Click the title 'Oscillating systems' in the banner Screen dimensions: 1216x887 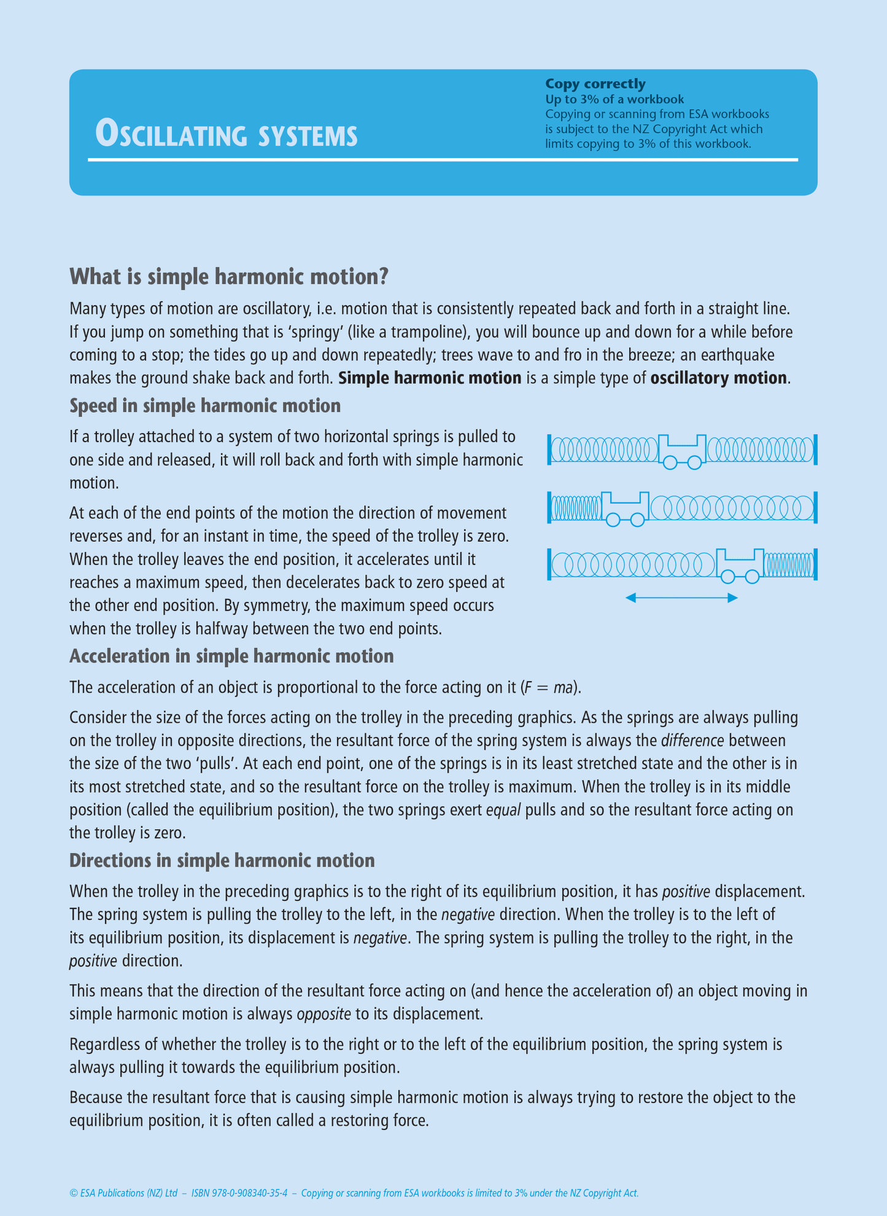(226, 134)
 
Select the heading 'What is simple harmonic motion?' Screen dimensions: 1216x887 (229, 276)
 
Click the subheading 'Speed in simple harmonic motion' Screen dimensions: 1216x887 (205, 406)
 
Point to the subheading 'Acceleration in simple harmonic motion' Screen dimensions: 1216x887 (231, 656)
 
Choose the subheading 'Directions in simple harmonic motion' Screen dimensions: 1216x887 (222, 860)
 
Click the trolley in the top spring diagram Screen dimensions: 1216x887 (682, 450)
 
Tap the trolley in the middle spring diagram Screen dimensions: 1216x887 (625, 507)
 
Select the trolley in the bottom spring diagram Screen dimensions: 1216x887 (740, 564)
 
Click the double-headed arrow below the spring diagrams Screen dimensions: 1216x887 (681, 598)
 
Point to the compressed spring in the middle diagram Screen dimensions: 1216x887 (576, 508)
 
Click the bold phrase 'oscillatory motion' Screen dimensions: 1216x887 (718, 378)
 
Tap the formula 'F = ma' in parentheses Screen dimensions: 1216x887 (551, 687)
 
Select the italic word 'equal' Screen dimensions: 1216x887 (503, 810)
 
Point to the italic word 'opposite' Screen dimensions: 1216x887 (323, 1014)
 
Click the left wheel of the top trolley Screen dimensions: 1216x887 (670, 462)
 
